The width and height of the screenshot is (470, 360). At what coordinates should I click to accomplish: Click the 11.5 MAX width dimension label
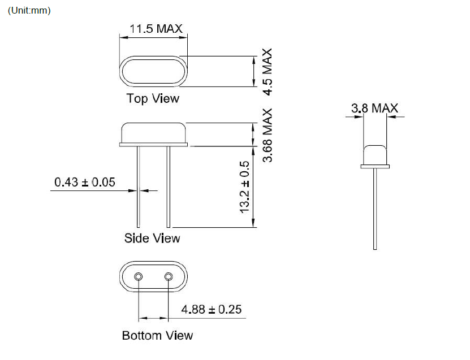click(x=156, y=29)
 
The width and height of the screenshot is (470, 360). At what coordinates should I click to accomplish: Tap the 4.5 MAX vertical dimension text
click(x=268, y=72)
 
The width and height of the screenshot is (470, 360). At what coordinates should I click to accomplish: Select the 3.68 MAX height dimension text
click(x=268, y=136)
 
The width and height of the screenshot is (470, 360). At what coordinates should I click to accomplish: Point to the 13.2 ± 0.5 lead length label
click(x=244, y=187)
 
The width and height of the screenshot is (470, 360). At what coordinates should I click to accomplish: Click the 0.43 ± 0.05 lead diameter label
click(x=85, y=182)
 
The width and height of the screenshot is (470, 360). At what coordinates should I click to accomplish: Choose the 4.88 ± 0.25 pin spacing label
click(x=212, y=309)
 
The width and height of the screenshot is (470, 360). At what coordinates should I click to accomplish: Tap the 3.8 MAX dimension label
click(x=374, y=108)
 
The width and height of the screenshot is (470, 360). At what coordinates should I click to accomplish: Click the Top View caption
click(x=153, y=98)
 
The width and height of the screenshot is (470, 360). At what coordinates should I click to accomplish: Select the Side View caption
click(x=152, y=238)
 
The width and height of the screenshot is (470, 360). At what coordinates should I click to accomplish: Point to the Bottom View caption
click(x=157, y=336)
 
